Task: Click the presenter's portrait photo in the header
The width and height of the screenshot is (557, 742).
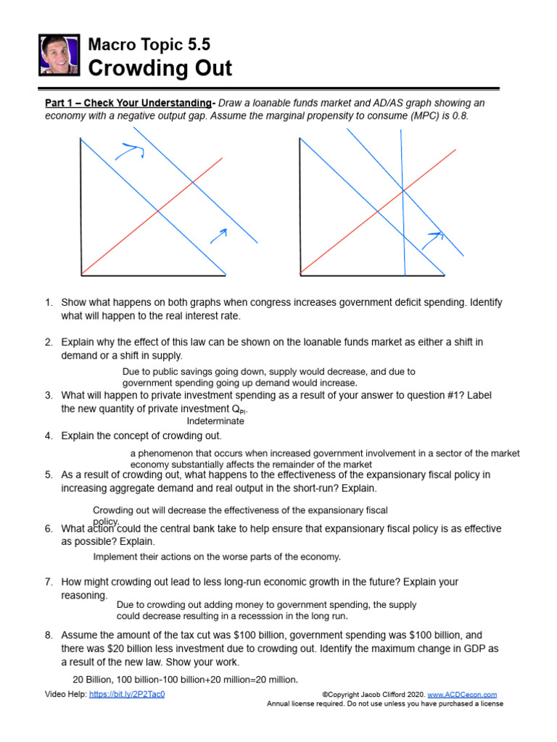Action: [x=59, y=55]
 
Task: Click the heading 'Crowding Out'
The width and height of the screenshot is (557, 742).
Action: [x=160, y=69]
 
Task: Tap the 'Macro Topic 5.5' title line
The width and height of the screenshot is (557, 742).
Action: [x=149, y=44]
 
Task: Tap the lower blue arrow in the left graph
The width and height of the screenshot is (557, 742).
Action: [x=218, y=234]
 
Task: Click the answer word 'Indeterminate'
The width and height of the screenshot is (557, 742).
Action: [x=215, y=421]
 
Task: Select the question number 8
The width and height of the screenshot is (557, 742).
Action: [x=49, y=635]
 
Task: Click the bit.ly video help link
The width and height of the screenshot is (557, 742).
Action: [x=127, y=694]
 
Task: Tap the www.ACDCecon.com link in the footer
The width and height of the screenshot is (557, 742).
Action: [x=471, y=694]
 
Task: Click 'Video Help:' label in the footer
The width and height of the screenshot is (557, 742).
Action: [x=65, y=694]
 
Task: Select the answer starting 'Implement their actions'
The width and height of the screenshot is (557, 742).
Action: [x=217, y=556]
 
